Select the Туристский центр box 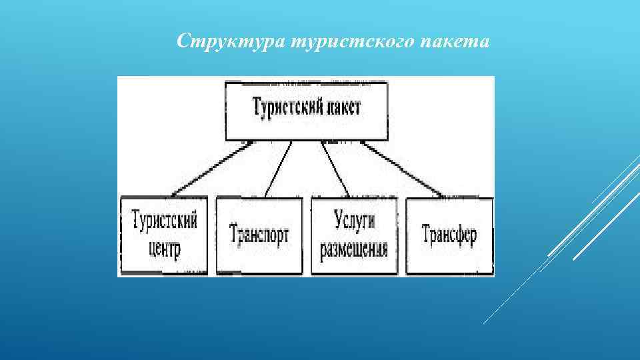tap(166, 235)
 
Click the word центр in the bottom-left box tap(165, 249)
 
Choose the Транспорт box tap(259, 235)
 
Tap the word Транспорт tap(259, 235)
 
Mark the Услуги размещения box tap(353, 235)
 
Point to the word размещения tap(353, 250)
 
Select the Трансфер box tap(449, 235)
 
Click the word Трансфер tap(449, 235)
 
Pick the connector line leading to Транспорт tap(277, 169)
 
